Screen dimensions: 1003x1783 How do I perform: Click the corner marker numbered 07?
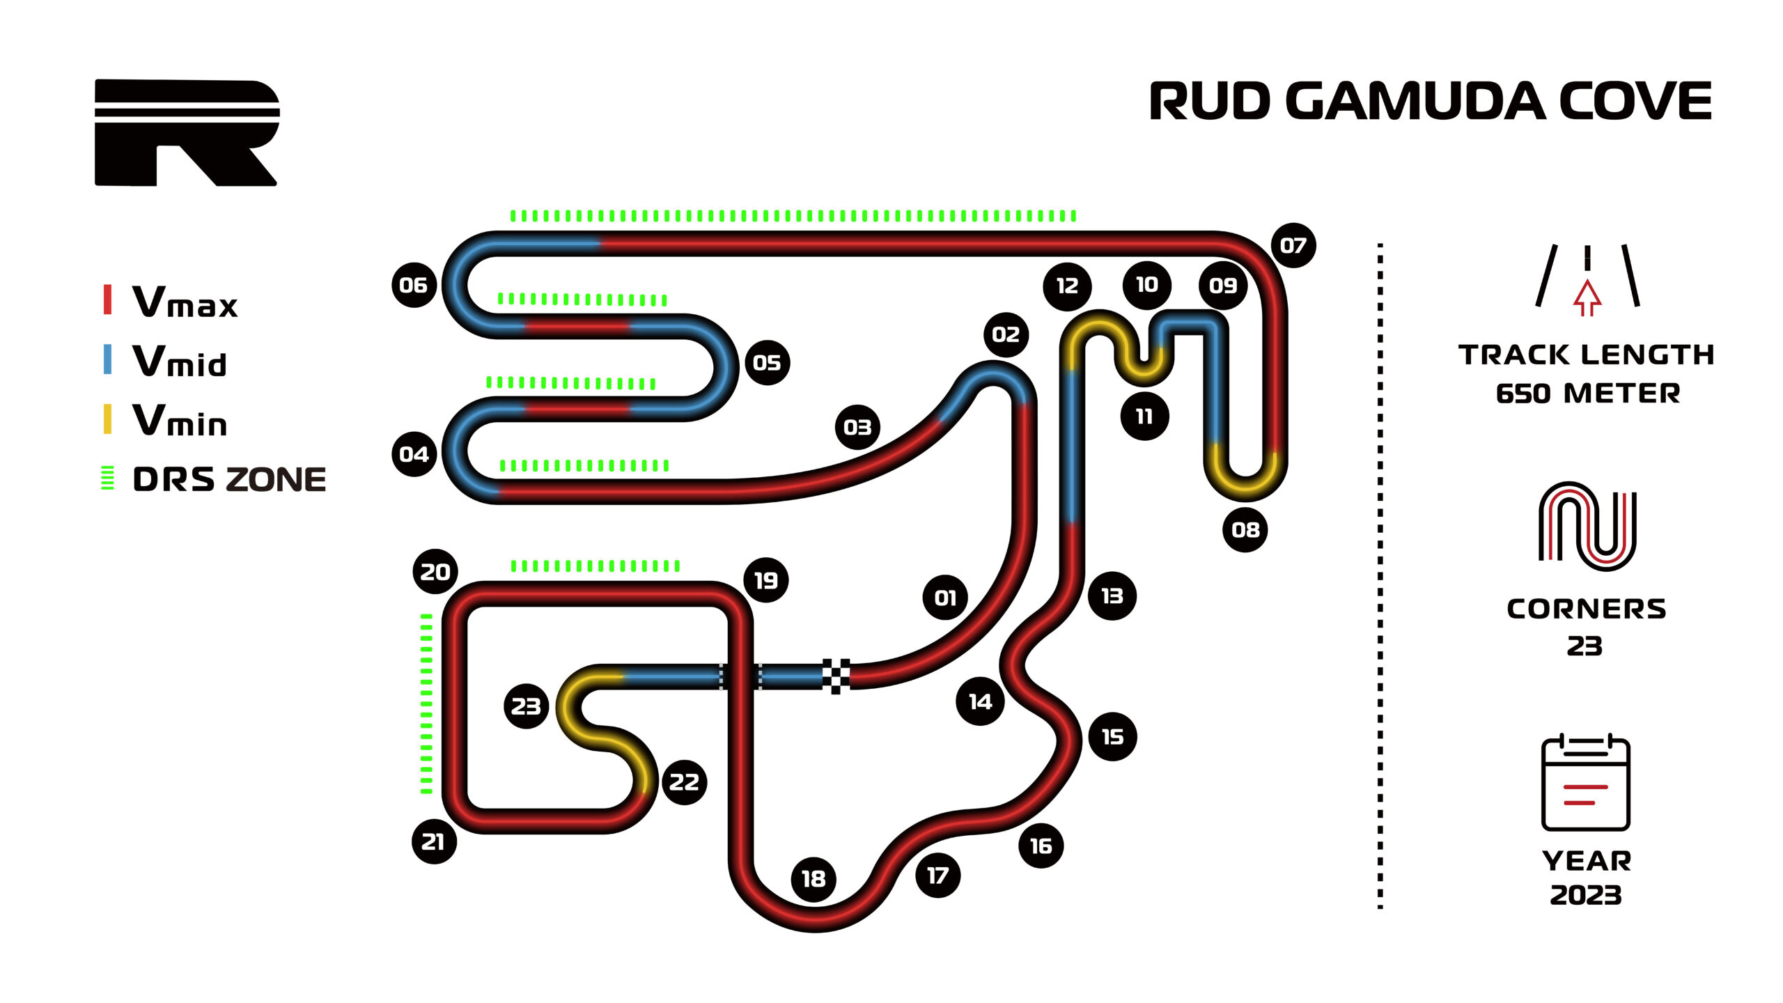pyautogui.click(x=1293, y=245)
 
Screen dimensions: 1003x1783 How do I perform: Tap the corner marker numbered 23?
pyautogui.click(x=526, y=706)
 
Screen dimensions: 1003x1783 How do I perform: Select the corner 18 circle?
pyautogui.click(x=813, y=879)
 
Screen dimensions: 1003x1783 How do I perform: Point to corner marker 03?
pyautogui.click(x=857, y=427)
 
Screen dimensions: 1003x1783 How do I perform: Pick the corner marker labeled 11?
pyautogui.click(x=1144, y=417)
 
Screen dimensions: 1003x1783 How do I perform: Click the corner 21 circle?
pyautogui.click(x=434, y=841)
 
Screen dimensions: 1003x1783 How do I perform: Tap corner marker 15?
pyautogui.click(x=1112, y=737)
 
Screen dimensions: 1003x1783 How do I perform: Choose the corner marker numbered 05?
pyautogui.click(x=767, y=363)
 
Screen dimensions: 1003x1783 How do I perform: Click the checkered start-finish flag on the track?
pyautogui.click(x=836, y=676)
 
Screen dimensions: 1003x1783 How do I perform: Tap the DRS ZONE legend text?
pyautogui.click(x=229, y=480)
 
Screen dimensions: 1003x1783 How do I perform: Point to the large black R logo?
pyautogui.click(x=187, y=132)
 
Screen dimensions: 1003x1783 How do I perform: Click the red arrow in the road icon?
pyautogui.click(x=1587, y=297)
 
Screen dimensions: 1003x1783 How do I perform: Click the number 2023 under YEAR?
pyautogui.click(x=1586, y=895)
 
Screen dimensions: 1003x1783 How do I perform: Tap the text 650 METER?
pyautogui.click(x=1587, y=394)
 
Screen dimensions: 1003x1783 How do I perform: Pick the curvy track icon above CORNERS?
pyautogui.click(x=1587, y=526)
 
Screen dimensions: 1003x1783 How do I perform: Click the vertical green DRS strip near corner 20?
pyautogui.click(x=426, y=703)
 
